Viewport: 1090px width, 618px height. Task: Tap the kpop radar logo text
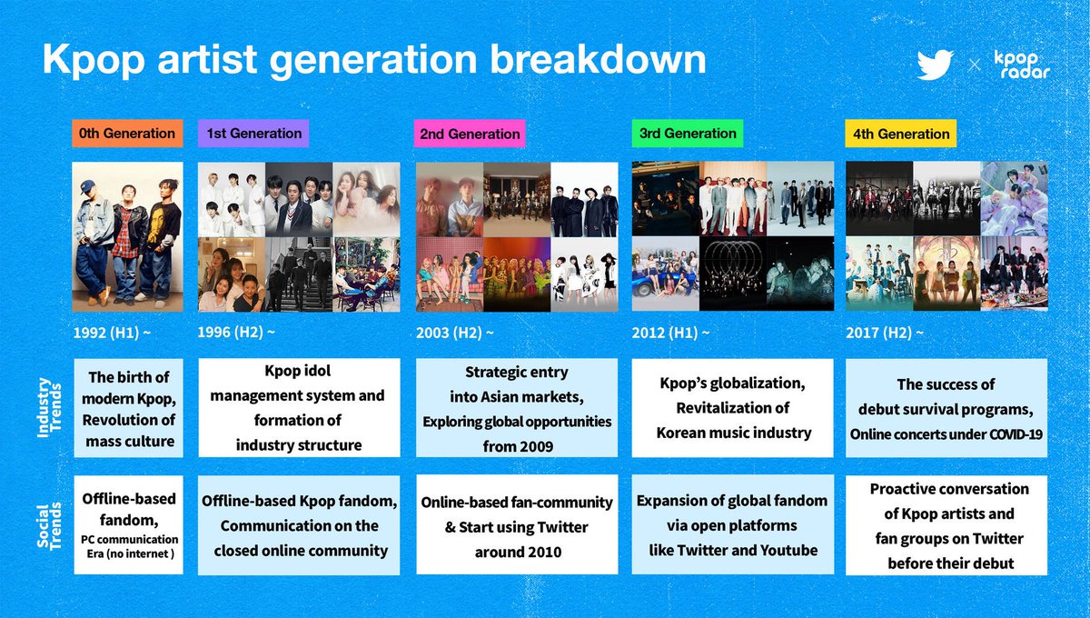point(1022,65)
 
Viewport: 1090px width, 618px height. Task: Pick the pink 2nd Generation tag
point(470,134)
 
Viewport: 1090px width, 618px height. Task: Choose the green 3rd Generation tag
point(688,133)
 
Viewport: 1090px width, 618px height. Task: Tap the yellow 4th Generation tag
point(900,134)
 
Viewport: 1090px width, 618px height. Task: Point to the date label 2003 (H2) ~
point(454,334)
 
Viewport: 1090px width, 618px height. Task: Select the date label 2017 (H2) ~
point(885,334)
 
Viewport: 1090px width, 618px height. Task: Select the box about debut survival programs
point(946,408)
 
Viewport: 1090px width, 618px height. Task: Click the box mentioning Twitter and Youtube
point(732,524)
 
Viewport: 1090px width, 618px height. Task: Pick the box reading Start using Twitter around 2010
point(515,524)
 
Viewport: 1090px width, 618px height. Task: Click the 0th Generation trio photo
point(127,237)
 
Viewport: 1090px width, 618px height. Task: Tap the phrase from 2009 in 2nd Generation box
point(517,447)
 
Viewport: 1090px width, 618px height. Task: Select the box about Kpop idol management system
point(298,408)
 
